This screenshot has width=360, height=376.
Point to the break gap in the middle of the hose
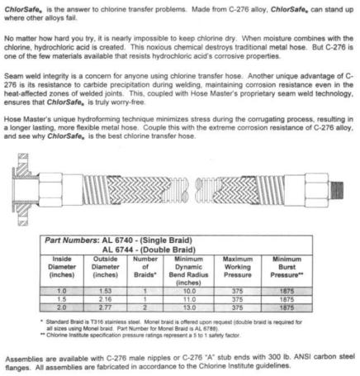pos(182,198)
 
